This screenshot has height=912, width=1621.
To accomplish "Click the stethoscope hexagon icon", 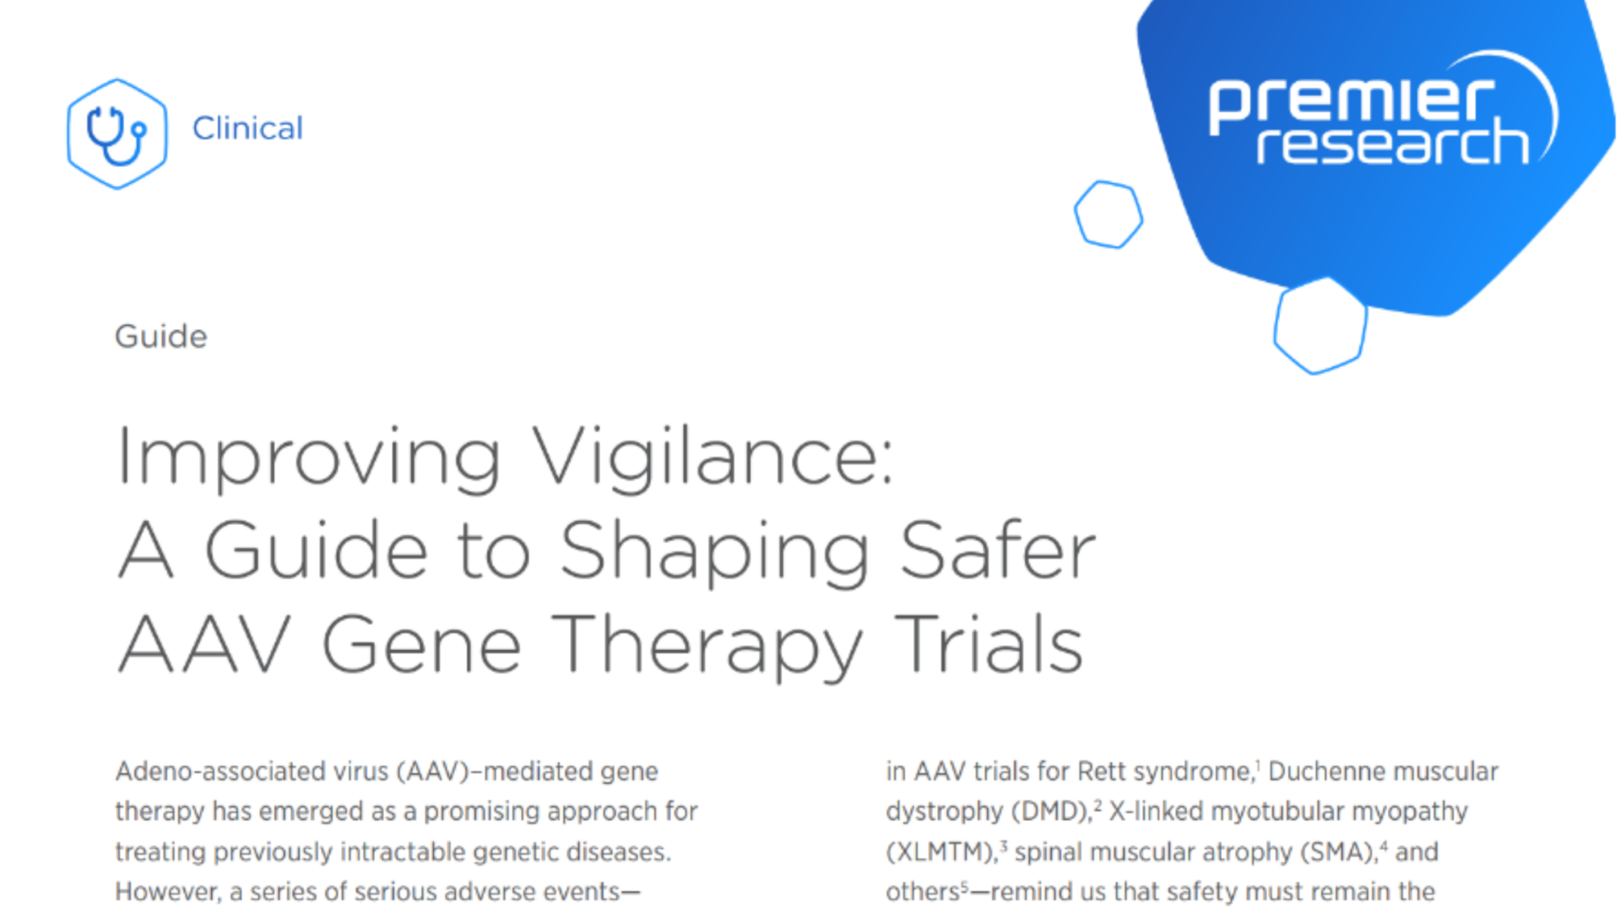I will pyautogui.click(x=117, y=133).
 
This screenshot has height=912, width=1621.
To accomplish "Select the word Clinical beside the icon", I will pyautogui.click(x=247, y=128).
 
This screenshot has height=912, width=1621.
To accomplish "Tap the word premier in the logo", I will pyautogui.click(x=1351, y=100).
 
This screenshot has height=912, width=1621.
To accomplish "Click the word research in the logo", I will pyautogui.click(x=1393, y=144).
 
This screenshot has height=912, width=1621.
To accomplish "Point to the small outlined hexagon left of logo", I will pyautogui.click(x=1109, y=214).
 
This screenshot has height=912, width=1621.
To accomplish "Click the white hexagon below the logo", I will pyautogui.click(x=1320, y=326).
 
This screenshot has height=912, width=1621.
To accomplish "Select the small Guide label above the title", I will pyautogui.click(x=160, y=336).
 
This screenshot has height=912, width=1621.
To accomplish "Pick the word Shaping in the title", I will pyautogui.click(x=714, y=552).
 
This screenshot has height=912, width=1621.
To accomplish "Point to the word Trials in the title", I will pyautogui.click(x=989, y=645).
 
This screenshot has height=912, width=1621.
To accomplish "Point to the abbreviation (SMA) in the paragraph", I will pyautogui.click(x=1338, y=852).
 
